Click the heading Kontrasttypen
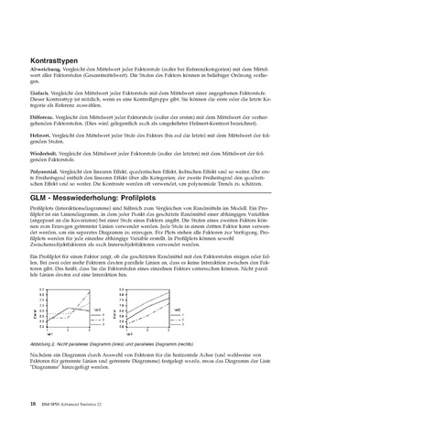point(51,61)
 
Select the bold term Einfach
point(40,94)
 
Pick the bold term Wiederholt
point(44,152)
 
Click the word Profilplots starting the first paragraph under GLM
point(40,210)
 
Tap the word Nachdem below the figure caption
point(41,351)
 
